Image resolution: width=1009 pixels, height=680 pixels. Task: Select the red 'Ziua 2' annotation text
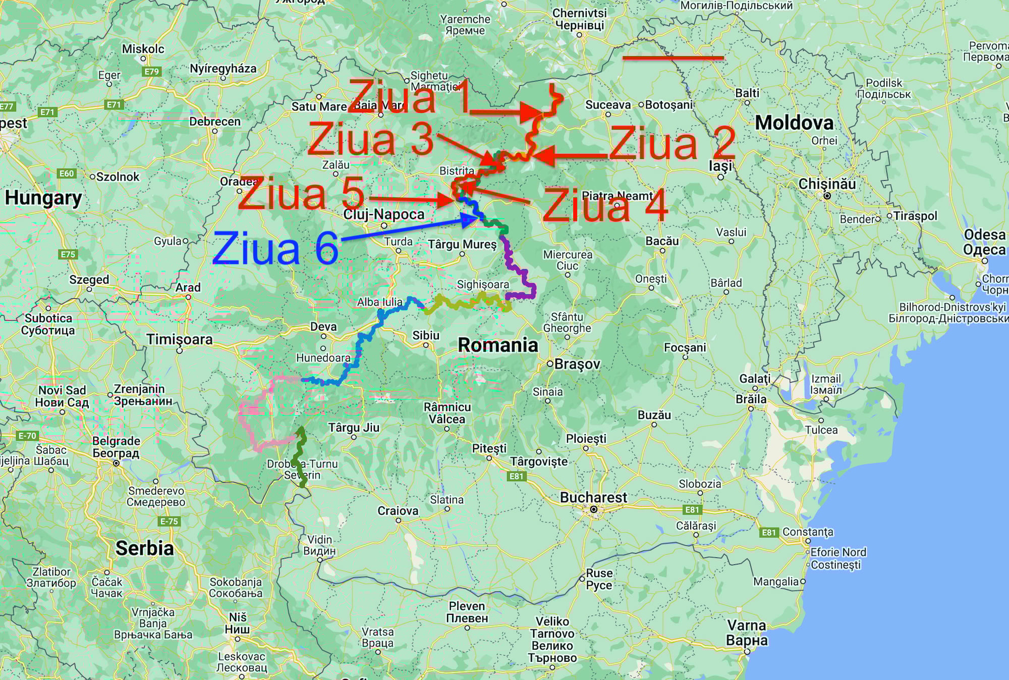point(672,143)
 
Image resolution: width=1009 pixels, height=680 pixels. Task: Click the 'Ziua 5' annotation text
point(301,194)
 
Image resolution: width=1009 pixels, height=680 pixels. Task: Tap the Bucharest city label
point(593,498)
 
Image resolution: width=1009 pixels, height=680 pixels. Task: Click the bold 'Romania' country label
point(497,345)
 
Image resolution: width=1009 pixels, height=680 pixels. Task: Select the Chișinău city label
point(827,184)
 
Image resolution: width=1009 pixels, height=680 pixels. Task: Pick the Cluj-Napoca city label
point(383,215)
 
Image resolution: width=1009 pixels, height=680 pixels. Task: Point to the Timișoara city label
point(179,339)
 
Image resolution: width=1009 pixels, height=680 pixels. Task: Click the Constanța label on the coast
point(808,532)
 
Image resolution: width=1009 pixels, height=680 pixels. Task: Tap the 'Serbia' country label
point(144,548)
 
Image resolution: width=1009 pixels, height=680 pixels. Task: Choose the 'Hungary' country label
point(43,198)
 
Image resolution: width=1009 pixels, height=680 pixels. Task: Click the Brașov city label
point(577,364)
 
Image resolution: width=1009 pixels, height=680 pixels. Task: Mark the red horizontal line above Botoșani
point(673,58)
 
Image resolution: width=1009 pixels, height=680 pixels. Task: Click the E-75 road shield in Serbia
point(169,521)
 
